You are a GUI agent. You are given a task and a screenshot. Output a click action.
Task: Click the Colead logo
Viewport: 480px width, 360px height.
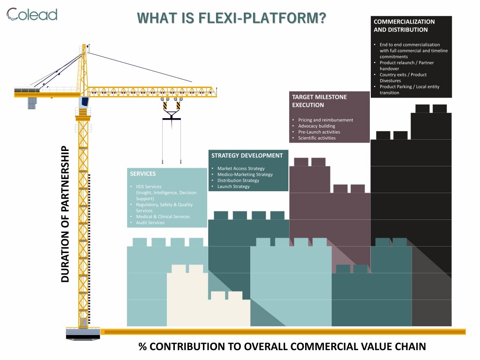coord(32,15)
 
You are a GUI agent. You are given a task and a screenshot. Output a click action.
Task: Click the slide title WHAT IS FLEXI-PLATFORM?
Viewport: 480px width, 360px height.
coord(232,18)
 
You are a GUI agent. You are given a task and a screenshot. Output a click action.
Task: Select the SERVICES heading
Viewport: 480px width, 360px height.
coord(142,174)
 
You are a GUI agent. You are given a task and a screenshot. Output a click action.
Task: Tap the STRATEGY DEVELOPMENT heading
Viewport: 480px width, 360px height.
coord(247,156)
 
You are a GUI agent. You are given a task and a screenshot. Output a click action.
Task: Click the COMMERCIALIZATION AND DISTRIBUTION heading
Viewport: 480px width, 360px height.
coord(404,25)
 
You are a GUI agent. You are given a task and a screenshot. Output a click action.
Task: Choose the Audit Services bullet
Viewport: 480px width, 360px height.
coord(150,223)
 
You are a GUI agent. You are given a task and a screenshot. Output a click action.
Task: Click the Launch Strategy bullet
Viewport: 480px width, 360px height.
coord(233,187)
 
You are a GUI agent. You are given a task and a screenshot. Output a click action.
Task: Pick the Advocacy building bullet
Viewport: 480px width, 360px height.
coord(316,126)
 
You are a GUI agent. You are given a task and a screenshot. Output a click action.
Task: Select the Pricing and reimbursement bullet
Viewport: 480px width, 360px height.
coord(325,120)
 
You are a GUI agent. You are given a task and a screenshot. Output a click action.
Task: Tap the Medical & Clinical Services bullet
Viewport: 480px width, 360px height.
coord(163,217)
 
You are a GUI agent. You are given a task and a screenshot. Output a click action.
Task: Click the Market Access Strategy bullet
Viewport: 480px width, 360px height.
coord(241,168)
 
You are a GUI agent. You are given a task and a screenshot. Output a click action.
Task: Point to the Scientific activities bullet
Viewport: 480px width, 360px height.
coord(317,138)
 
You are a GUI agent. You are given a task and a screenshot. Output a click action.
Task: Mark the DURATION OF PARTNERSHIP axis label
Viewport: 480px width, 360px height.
coord(65,215)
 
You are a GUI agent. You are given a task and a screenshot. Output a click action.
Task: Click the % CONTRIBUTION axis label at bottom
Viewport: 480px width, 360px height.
coord(282,347)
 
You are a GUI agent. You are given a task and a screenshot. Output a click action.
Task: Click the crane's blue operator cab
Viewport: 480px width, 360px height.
coord(84,102)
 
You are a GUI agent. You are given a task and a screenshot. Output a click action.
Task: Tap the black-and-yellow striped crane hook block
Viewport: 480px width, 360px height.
coord(171,107)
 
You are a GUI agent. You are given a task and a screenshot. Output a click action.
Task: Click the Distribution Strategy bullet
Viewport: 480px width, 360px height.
coord(238,180)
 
